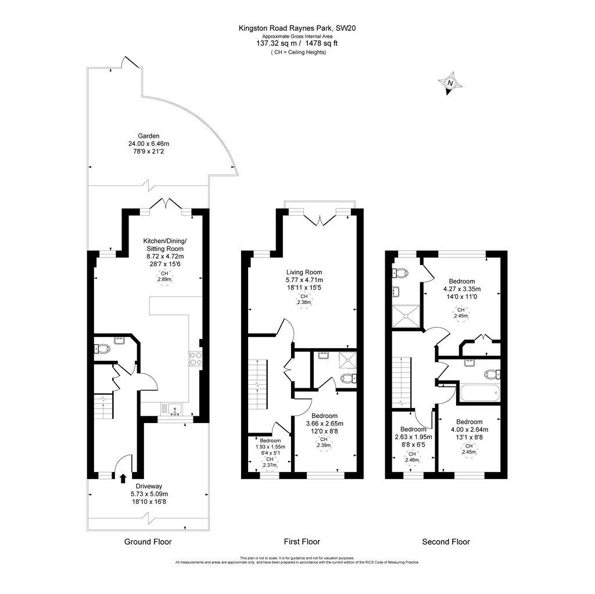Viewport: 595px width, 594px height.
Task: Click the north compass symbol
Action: coord(450,84)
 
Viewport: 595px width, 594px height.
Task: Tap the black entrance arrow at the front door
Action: coord(123,478)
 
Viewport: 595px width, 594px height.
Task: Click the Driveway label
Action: coord(148,486)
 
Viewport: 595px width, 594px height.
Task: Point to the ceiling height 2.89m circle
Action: coord(165,277)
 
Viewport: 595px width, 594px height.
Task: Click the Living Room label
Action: coord(304,272)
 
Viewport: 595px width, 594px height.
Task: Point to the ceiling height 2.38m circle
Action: coord(304,299)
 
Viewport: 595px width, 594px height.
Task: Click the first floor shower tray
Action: coord(348,360)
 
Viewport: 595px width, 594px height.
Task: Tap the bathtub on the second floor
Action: coord(479,393)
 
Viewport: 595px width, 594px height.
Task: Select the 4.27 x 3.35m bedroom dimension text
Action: coord(462,289)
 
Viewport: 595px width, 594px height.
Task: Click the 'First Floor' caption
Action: coord(302,542)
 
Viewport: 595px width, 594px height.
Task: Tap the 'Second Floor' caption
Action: coord(446,542)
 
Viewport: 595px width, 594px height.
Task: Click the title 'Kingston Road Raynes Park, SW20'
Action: coord(297,27)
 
